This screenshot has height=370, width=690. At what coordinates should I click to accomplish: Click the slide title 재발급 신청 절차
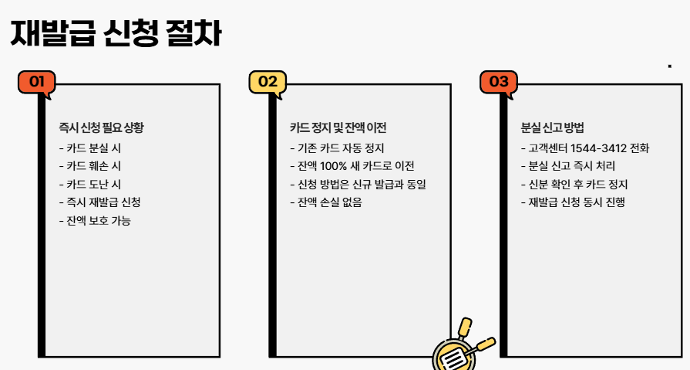(116, 33)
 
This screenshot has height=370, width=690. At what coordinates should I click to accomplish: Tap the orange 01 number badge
(36, 82)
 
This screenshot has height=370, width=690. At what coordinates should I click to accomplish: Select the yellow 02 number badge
(268, 82)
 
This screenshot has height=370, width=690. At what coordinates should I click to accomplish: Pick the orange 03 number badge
(499, 82)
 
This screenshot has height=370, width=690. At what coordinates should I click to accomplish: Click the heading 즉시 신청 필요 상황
(100, 128)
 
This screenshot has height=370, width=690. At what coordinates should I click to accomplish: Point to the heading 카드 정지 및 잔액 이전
(338, 128)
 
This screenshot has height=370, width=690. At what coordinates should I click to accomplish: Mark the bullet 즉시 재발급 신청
(99, 202)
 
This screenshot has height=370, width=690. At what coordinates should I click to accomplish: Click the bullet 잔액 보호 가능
(99, 221)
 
